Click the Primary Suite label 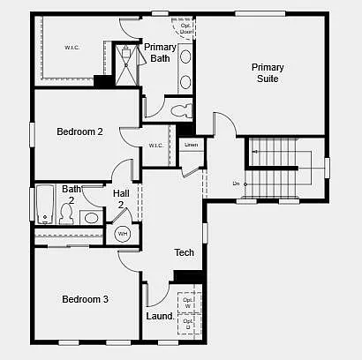(x=267, y=72)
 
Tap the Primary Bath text (x=160, y=53)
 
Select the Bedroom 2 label (x=79, y=131)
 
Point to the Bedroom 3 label (x=85, y=299)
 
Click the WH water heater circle (x=122, y=235)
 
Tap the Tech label (x=184, y=253)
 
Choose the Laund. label (x=159, y=316)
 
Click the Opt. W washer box (x=187, y=303)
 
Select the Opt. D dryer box (x=187, y=325)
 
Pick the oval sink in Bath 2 (x=91, y=217)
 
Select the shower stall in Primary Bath (x=129, y=64)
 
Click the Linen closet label (x=191, y=144)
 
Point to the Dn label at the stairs (x=236, y=184)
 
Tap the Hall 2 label (x=121, y=199)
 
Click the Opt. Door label (x=186, y=28)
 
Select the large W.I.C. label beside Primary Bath (x=72, y=47)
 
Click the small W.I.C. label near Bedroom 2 (x=156, y=146)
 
